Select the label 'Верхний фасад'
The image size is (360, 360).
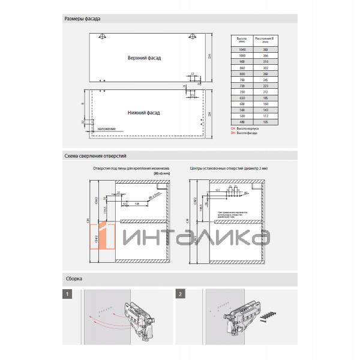pyautogui.click(x=144, y=58)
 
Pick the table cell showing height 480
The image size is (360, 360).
pyautogui.click(x=242, y=122)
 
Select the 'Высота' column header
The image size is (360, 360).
pyautogui.click(x=242, y=39)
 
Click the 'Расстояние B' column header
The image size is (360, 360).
pyautogui.click(x=264, y=39)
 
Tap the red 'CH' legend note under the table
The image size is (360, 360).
pyautogui.click(x=244, y=129)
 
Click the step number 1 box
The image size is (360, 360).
pyautogui.click(x=68, y=295)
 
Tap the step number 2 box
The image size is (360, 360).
pyautogui.click(x=180, y=295)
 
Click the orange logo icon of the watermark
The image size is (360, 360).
pyautogui.click(x=107, y=236)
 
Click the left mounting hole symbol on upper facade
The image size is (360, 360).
pyautogui.click(x=103, y=37)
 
